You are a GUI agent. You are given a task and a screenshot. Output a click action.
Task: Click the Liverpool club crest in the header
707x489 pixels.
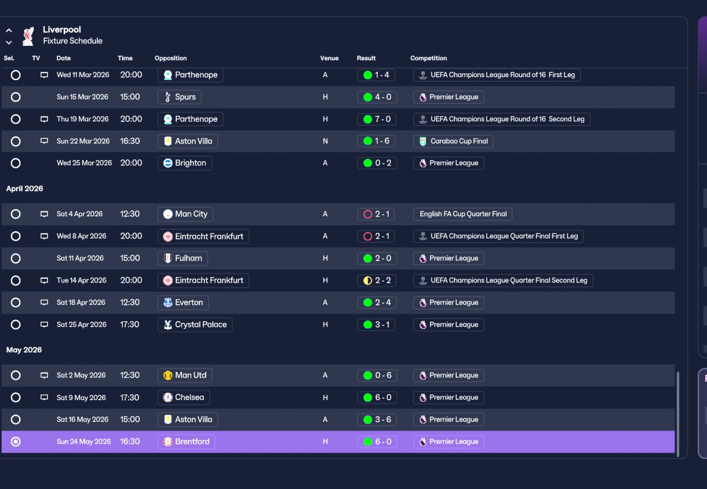tap(28, 36)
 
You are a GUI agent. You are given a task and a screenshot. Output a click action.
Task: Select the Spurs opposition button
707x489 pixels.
tap(180, 97)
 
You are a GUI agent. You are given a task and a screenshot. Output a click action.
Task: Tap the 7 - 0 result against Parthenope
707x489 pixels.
tap(377, 119)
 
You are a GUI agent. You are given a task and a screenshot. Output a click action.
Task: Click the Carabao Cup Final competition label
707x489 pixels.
tap(453, 141)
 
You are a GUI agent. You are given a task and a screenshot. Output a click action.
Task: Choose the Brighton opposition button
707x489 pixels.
tap(184, 163)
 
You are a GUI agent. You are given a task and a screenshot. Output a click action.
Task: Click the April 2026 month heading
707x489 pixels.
tap(25, 189)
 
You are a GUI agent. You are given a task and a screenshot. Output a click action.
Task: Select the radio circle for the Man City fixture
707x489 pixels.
tap(15, 214)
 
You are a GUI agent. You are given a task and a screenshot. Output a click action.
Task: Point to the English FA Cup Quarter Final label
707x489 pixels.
tap(463, 214)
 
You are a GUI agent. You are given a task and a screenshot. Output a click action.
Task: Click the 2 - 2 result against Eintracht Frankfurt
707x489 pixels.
tap(377, 280)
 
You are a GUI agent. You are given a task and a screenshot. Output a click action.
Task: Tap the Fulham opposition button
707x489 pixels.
tap(182, 258)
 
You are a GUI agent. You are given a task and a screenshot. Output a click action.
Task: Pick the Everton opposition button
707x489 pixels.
tap(183, 302)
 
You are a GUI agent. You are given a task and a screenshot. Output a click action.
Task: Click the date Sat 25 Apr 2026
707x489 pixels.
tap(81, 325)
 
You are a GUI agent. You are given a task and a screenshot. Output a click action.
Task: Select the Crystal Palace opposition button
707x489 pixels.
tap(195, 325)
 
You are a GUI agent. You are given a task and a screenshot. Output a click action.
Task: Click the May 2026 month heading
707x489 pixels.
tap(24, 350)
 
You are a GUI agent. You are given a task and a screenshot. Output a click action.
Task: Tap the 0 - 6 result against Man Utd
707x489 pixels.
tap(377, 375)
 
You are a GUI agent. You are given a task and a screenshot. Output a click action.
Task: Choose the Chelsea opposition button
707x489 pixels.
tap(183, 397)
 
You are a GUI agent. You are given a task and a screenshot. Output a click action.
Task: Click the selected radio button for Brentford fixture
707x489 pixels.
tap(15, 442)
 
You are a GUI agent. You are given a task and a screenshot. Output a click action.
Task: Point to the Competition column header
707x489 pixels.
tap(428, 59)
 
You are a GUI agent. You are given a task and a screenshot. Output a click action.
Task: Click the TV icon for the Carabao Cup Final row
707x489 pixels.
tap(44, 141)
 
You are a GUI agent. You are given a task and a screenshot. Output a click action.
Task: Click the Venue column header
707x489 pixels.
tap(329, 59)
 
